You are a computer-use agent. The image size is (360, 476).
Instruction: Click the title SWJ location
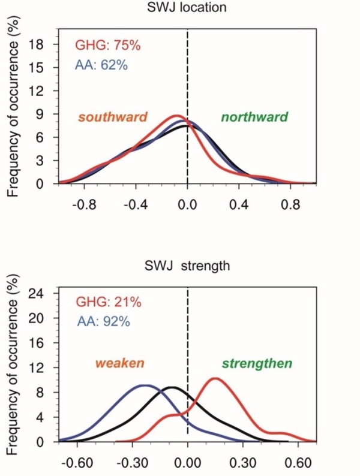tap(182, 8)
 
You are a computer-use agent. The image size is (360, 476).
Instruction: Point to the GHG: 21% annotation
tap(109, 302)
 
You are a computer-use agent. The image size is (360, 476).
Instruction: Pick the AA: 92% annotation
tap(103, 321)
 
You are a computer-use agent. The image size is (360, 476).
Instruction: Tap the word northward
tap(254, 117)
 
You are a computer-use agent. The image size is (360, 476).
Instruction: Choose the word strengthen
tap(257, 364)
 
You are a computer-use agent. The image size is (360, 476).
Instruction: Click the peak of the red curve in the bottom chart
tap(214, 378)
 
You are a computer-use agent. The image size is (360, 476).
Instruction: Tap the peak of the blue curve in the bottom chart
tap(144, 385)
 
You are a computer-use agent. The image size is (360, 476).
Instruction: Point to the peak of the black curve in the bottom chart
tap(172, 387)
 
